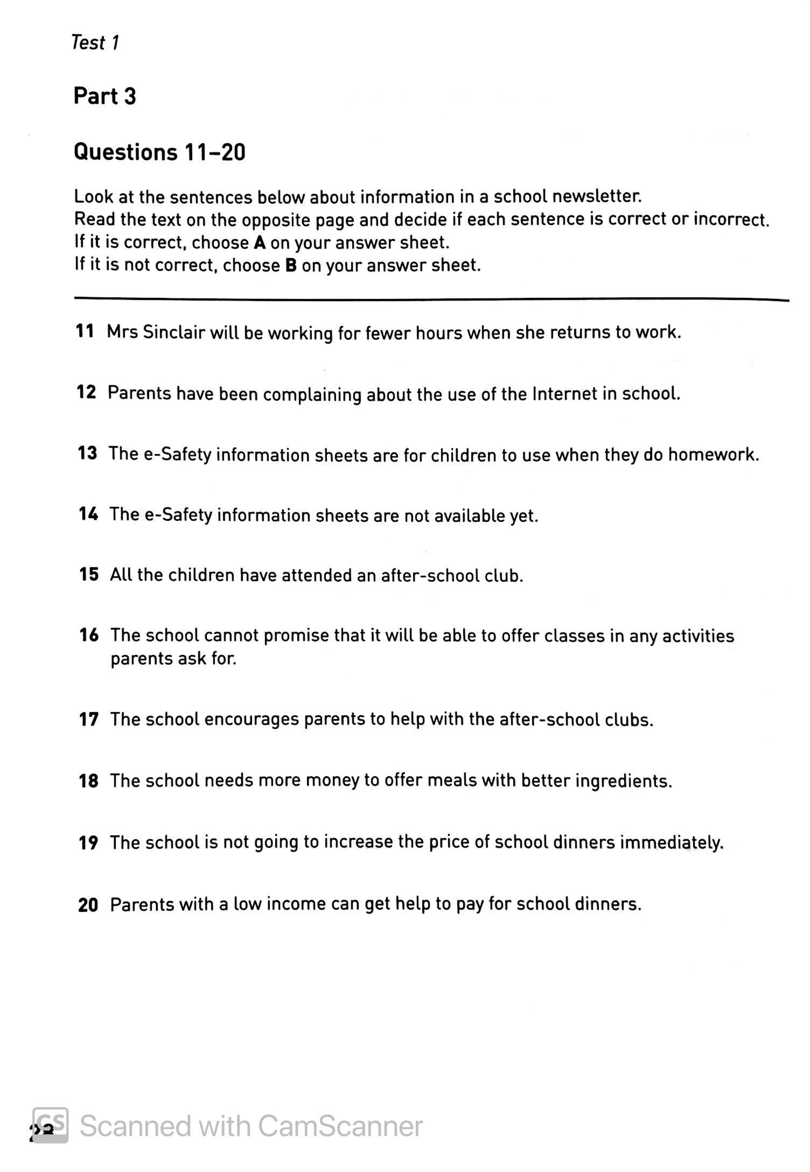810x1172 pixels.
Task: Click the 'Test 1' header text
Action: click(95, 43)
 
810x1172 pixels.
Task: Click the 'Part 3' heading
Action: click(105, 96)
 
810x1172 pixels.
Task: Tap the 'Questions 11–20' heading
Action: click(159, 152)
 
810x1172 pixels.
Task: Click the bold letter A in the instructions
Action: click(260, 243)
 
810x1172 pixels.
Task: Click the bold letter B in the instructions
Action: click(291, 266)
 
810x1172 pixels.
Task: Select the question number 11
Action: click(85, 331)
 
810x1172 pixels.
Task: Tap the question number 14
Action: click(88, 514)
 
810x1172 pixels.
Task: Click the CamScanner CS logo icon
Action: click(50, 1125)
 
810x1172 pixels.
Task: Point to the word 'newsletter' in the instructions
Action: click(596, 197)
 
